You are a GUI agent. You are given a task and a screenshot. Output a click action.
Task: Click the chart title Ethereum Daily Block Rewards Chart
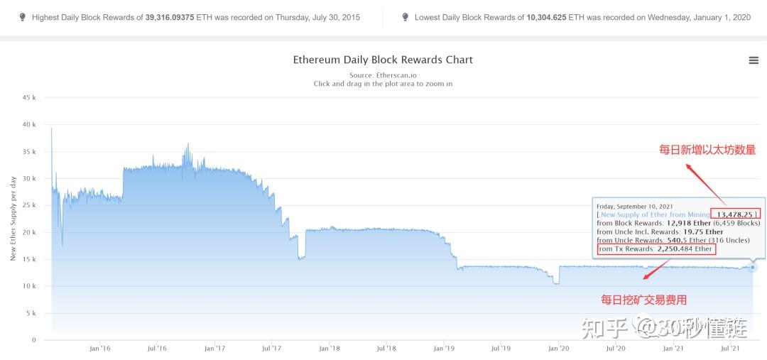pyautogui.click(x=383, y=60)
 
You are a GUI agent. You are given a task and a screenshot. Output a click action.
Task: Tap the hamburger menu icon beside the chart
pyautogui.click(x=754, y=60)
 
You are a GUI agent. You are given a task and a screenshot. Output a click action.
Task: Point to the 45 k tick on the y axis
pyautogui.click(x=29, y=98)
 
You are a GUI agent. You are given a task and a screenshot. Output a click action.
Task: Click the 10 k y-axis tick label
pyautogui.click(x=29, y=286)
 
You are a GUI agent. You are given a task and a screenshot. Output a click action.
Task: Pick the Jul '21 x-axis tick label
pyautogui.click(x=730, y=348)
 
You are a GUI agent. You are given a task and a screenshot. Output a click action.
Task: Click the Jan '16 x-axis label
pyautogui.click(x=99, y=348)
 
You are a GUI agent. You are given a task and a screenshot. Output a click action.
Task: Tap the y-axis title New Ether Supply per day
pyautogui.click(x=13, y=218)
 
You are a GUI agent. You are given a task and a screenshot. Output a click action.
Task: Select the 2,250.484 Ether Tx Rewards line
pyautogui.click(x=656, y=249)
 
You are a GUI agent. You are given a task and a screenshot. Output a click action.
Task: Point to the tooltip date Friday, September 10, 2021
pyautogui.click(x=634, y=207)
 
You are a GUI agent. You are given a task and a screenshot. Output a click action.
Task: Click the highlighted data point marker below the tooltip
pyautogui.click(x=752, y=267)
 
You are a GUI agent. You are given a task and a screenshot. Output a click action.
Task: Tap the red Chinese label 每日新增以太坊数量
pyautogui.click(x=707, y=150)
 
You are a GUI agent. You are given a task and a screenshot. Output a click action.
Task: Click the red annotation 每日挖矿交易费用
pyautogui.click(x=643, y=300)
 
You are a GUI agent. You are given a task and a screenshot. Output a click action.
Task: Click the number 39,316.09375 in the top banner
pyautogui.click(x=170, y=18)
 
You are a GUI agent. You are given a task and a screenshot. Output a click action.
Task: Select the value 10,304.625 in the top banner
pyautogui.click(x=546, y=18)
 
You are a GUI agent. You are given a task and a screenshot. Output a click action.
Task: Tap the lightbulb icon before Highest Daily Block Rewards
pyautogui.click(x=22, y=17)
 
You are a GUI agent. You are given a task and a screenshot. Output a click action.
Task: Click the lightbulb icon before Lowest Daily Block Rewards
pyautogui.click(x=405, y=17)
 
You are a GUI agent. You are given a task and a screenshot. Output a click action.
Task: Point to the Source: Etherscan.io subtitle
pyautogui.click(x=383, y=75)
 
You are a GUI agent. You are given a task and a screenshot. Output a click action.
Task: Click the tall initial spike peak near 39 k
pyautogui.click(x=51, y=129)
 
